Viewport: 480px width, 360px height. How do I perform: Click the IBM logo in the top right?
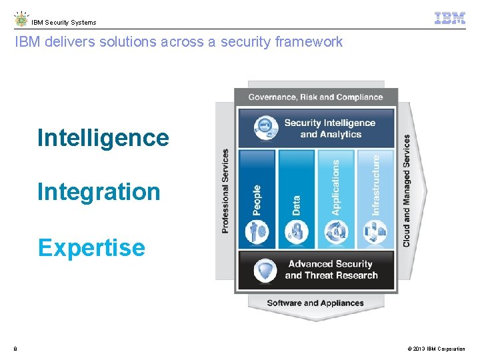tap(449, 19)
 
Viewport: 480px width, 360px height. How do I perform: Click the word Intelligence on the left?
tap(103, 138)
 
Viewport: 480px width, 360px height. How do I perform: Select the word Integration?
tap(99, 192)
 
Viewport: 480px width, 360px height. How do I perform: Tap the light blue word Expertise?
tap(91, 247)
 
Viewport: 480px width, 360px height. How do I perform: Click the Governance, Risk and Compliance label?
tap(315, 97)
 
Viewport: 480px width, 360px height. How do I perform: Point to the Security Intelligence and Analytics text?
tap(329, 129)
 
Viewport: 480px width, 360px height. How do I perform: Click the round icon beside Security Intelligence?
tap(266, 127)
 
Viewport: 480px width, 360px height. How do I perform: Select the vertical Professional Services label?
tap(225, 191)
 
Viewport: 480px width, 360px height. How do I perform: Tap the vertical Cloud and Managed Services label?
tap(407, 191)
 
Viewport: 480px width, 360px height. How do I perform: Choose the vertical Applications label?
tap(335, 187)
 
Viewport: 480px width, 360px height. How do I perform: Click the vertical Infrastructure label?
tap(375, 185)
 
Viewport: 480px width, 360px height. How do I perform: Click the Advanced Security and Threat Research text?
tap(331, 270)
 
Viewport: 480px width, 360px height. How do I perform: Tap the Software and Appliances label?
tap(315, 303)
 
